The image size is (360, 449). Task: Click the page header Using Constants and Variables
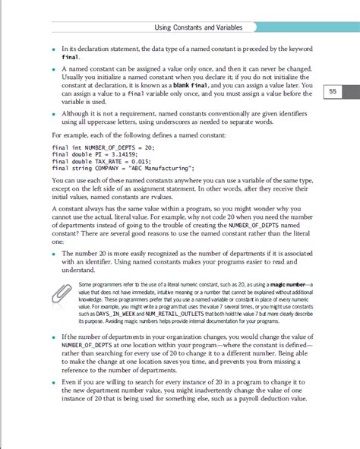pyautogui.click(x=197, y=28)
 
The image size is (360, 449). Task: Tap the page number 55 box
pyautogui.click(x=332, y=92)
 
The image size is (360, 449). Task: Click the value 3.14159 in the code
pyautogui.click(x=114, y=154)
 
